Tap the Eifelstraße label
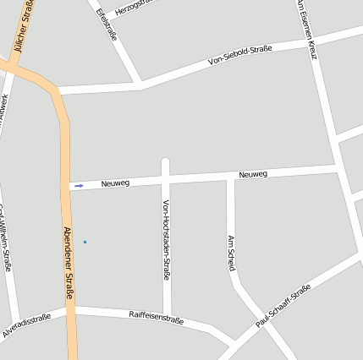(x=106, y=25)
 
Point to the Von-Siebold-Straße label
(x=239, y=56)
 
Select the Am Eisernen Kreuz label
(x=306, y=30)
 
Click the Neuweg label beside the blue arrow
(x=114, y=183)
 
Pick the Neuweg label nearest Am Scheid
(x=253, y=174)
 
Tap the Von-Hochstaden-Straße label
(x=166, y=239)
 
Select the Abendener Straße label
(x=69, y=263)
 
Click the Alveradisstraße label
(x=26, y=325)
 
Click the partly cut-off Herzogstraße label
(x=135, y=4)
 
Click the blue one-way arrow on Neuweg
(x=79, y=185)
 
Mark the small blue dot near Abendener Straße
(x=85, y=243)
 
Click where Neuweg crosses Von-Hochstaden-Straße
(x=166, y=180)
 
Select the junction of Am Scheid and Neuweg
(x=230, y=177)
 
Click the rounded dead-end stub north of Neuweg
(x=166, y=162)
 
